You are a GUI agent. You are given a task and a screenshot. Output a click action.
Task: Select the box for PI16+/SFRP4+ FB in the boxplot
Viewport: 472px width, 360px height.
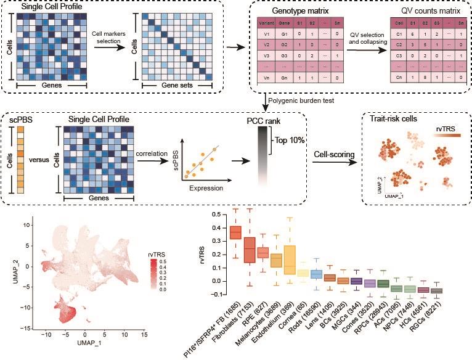pos(235,232)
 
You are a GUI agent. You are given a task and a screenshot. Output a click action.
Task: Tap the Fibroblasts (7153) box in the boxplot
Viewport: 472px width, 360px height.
pos(250,250)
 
